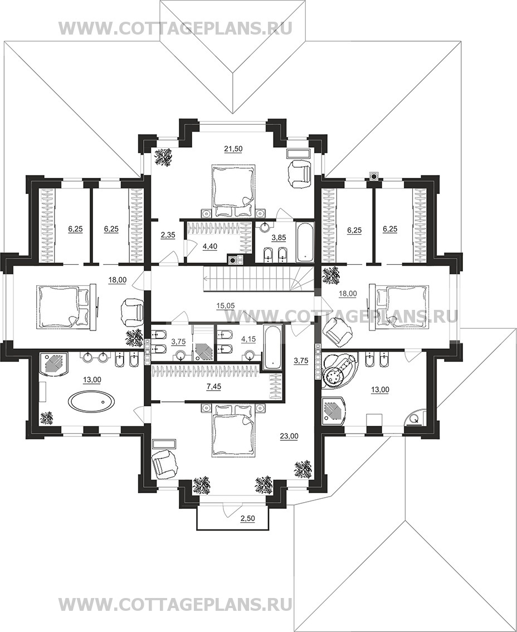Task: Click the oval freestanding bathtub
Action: [x=91, y=401]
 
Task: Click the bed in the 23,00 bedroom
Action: [x=233, y=429]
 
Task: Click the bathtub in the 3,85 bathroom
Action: [x=305, y=242]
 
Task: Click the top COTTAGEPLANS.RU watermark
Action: [x=175, y=28]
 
